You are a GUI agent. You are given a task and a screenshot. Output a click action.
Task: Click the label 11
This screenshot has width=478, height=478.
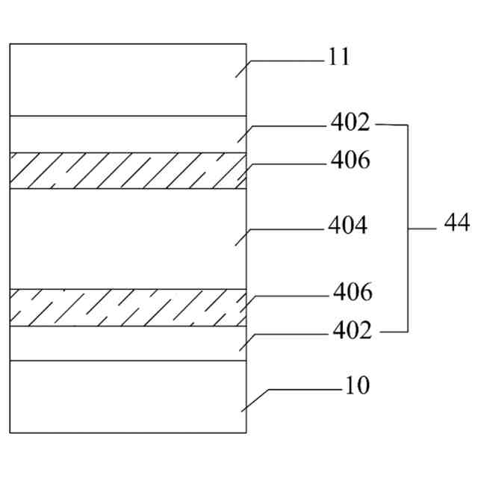pyautogui.click(x=338, y=58)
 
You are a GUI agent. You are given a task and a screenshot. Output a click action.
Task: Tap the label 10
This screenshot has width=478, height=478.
pyautogui.click(x=357, y=387)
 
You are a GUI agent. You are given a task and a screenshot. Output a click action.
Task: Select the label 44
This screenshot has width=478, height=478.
pyautogui.click(x=456, y=223)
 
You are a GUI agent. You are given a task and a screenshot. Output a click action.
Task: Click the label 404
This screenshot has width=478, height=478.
pyautogui.click(x=347, y=226)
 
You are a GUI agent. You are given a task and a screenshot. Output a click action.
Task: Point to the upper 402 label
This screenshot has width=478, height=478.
pyautogui.click(x=350, y=122)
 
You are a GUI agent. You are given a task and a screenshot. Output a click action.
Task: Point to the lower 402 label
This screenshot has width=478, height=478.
pyautogui.click(x=351, y=329)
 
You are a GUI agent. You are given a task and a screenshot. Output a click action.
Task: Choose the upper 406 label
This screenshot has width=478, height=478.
pyautogui.click(x=350, y=160)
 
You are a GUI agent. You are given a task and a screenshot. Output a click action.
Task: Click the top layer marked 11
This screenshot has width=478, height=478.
pyautogui.click(x=127, y=79)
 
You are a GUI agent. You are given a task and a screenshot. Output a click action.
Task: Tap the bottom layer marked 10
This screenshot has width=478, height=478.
pyautogui.click(x=127, y=397)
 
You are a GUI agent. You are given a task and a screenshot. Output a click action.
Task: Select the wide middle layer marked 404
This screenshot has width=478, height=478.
pyautogui.click(x=127, y=238)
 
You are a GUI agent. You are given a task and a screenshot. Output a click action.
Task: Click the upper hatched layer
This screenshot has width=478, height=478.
pyautogui.click(x=127, y=170)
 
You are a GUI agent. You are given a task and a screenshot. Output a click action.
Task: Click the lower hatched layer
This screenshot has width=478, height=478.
pyautogui.click(x=127, y=307)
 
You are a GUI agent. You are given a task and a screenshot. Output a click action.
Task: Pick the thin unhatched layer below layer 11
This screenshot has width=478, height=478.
pyautogui.click(x=127, y=134)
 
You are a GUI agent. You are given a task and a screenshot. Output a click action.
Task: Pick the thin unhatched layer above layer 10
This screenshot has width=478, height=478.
pyautogui.click(x=127, y=344)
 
